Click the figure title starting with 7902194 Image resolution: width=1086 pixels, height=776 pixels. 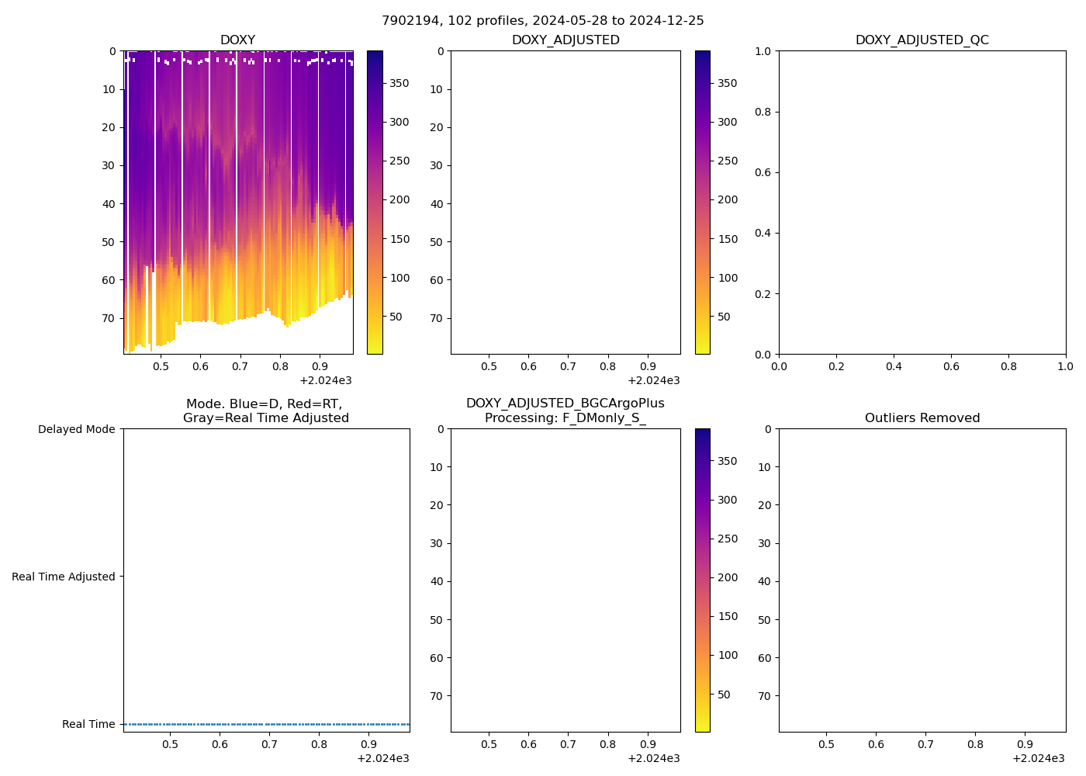543,21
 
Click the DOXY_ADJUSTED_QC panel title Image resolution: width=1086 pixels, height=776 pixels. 922,40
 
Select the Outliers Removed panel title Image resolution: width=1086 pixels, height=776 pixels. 922,418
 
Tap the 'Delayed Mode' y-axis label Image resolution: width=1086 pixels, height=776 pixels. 76,429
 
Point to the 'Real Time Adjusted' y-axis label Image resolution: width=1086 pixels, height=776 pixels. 63,577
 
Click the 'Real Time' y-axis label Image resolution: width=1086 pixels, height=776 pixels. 88,724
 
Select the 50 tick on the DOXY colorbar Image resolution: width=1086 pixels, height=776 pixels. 396,317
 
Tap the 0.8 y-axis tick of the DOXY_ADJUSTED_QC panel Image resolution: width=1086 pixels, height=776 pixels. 764,112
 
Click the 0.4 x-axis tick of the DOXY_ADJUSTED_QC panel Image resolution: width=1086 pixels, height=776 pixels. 894,365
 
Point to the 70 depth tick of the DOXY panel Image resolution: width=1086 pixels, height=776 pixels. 108,318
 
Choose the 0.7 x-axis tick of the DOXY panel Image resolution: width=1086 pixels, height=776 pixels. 240,365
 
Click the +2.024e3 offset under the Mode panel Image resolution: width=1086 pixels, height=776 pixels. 383,758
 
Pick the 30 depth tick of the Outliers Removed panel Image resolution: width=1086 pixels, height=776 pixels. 764,543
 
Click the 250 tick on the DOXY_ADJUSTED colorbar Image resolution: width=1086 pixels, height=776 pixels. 728,161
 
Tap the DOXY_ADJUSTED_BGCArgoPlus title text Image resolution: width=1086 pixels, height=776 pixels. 565,404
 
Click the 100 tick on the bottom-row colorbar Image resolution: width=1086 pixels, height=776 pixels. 728,655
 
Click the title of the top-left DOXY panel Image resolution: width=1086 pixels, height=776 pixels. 237,40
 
